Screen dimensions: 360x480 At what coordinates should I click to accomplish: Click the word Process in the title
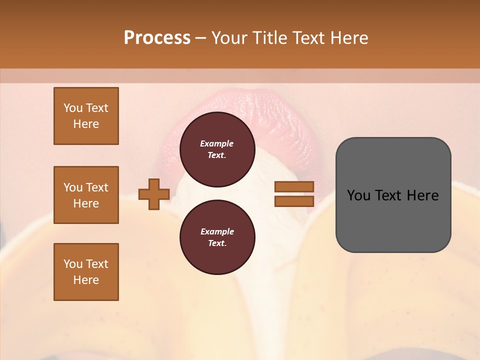157,38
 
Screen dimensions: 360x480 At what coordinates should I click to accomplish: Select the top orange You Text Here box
86,116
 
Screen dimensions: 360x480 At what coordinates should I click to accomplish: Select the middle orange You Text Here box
86,195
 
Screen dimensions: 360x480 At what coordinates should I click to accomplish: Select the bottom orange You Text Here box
86,272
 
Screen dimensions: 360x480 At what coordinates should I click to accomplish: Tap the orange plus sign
154,194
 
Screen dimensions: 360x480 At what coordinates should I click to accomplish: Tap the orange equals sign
294,194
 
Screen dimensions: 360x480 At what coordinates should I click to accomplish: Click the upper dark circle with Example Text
217,149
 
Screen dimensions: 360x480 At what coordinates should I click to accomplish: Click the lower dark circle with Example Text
217,237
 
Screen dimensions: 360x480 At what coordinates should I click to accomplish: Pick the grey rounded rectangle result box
393,195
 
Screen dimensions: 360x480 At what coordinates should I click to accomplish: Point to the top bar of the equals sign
294,187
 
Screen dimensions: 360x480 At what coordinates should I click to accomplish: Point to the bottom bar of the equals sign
294,201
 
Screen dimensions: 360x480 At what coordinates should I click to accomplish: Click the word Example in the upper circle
217,143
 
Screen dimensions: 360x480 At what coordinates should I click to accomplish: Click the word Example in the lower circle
217,231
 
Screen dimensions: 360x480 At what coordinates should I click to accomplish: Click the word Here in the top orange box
86,124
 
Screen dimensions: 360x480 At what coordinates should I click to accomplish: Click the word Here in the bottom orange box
86,280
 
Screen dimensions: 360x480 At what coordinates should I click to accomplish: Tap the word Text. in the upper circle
217,155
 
